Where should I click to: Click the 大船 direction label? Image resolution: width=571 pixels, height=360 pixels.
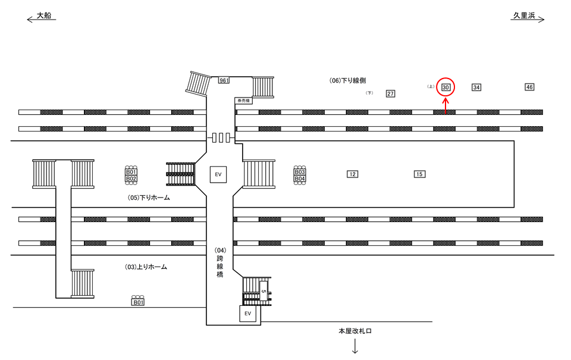point(44,16)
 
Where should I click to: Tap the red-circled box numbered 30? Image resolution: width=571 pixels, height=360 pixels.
point(445,87)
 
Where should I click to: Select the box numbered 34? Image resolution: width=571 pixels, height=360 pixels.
point(476,87)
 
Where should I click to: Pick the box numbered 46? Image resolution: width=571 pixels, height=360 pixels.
point(529,87)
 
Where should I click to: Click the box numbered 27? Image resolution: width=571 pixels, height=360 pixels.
point(391,93)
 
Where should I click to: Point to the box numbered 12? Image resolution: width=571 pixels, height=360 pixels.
point(353,174)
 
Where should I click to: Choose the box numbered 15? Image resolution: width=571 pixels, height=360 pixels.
point(419,174)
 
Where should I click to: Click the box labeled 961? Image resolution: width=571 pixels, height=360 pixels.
point(224,80)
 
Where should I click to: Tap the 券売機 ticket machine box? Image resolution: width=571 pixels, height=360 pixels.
point(243,101)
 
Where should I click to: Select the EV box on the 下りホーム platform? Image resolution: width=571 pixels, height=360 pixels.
point(218,174)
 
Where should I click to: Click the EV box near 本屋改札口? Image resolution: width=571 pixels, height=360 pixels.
point(248,313)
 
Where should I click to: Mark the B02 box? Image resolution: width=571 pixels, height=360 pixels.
point(131,179)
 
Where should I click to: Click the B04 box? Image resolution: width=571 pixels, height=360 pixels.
point(300,179)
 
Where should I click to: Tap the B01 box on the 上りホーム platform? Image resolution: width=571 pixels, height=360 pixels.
point(138,302)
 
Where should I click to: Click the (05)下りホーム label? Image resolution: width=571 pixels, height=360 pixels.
point(149,198)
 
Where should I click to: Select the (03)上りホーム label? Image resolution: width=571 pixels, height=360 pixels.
point(146,267)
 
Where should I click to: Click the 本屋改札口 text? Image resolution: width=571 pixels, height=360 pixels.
point(354,331)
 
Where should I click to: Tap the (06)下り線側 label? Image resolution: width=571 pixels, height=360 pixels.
point(348,80)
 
